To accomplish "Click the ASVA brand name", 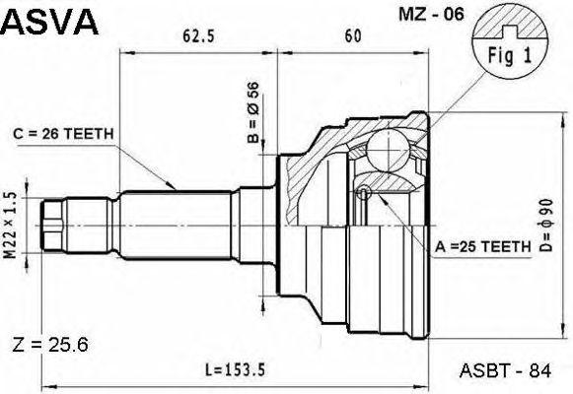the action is (49, 22).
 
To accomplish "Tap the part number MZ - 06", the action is (431, 15).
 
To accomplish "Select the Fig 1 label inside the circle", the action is (510, 56).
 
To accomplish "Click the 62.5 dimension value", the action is (198, 36).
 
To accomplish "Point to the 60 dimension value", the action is (353, 36).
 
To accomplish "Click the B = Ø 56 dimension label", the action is (252, 112).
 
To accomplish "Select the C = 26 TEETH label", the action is (63, 134).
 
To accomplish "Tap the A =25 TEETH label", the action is (482, 247).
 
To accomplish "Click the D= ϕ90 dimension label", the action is (546, 226).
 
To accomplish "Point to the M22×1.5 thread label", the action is (10, 226).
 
